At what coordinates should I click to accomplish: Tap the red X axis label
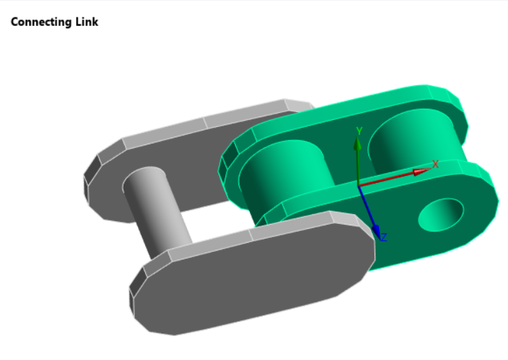click(435, 164)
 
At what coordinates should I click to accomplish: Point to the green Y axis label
click(359, 131)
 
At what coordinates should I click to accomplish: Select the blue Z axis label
click(383, 237)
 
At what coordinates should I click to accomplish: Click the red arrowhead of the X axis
click(421, 171)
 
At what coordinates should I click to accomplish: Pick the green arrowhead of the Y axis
click(357, 144)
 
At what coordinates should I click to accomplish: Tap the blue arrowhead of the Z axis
click(376, 230)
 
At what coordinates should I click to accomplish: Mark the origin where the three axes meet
click(358, 186)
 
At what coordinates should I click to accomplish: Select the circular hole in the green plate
click(441, 214)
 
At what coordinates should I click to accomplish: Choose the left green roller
click(286, 174)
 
